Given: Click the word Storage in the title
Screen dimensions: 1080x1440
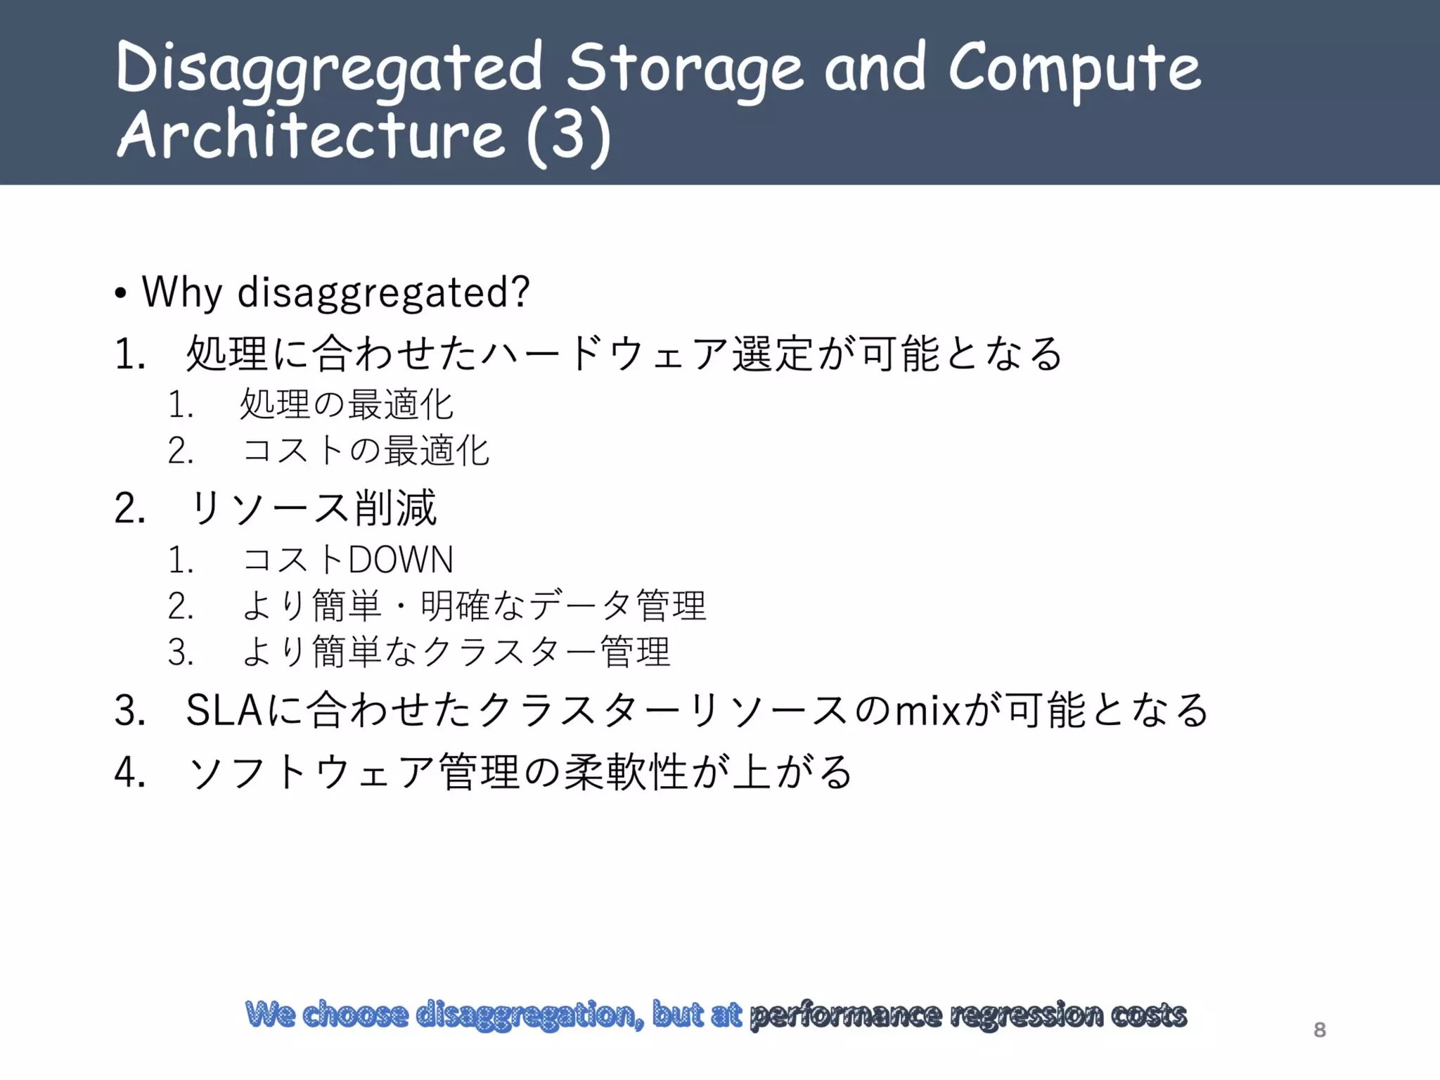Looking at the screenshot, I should coord(684,68).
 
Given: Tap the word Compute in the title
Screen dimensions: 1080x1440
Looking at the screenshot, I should coord(1074,68).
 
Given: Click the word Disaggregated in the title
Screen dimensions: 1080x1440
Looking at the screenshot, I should coord(329,68).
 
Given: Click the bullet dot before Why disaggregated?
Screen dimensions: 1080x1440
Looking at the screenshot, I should coord(121,293).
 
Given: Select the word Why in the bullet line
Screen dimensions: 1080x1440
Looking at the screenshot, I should coord(182,292).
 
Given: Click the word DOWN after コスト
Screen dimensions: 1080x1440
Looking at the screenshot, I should coord(400,560).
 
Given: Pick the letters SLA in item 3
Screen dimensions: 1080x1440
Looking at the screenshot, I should coord(224,710).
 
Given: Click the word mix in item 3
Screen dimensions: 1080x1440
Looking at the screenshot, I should coord(926,710).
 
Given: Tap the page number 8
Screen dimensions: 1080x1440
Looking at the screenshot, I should coord(1319,1030).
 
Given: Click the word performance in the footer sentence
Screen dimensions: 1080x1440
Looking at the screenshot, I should coord(845,1015).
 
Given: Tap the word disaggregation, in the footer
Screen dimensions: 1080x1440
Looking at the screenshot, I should coord(529,1015).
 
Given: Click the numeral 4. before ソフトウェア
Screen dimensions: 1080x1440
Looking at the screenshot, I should coord(130,772).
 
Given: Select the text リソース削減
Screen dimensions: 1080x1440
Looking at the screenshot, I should coord(313,508).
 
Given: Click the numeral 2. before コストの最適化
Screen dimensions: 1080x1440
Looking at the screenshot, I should coord(181,451).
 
